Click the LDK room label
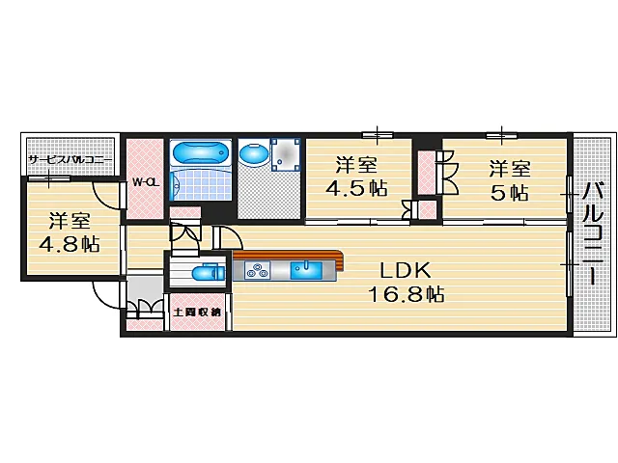tap(405, 270)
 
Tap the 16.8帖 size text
tap(406, 293)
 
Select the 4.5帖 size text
tap(356, 188)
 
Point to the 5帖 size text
tap(510, 193)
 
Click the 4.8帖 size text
tap(69, 244)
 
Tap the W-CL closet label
tap(146, 182)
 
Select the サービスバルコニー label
tap(70, 161)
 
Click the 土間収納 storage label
tap(197, 313)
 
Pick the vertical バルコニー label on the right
tap(593, 233)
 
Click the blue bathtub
tap(200, 152)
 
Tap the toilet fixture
tap(209, 272)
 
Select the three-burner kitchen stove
tap(258, 271)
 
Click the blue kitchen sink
tap(306, 271)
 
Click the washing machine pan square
tap(286, 154)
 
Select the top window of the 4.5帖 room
tap(378, 135)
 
